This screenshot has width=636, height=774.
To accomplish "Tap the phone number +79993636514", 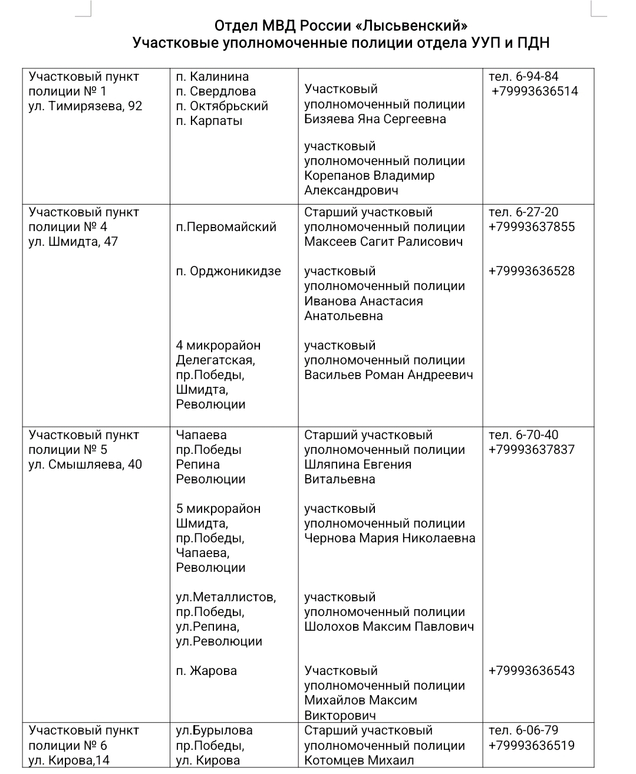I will [535, 91].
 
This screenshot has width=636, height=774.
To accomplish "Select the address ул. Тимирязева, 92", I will [85, 106].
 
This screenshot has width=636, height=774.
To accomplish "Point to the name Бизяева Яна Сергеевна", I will [375, 119].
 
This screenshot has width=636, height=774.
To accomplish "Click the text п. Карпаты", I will [209, 121].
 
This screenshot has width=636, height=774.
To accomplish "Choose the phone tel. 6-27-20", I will [523, 212].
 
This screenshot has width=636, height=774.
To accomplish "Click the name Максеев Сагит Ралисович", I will [383, 242].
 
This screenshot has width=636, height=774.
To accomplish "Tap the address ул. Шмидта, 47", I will [73, 242].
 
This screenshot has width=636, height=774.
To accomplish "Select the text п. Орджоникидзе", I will [228, 271].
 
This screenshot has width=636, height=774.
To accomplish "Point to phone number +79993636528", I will [531, 271].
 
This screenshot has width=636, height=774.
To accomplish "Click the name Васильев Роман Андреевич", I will [388, 375].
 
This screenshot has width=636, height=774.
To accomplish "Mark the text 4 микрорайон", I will [218, 345].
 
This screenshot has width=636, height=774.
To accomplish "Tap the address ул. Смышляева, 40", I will [85, 465].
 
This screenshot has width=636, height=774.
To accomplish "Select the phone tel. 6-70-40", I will [523, 435].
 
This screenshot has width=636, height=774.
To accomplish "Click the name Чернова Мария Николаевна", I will [390, 538].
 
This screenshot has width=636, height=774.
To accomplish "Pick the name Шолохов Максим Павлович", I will [389, 627].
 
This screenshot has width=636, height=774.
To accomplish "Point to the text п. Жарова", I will [206, 671].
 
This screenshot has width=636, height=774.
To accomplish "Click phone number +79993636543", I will [531, 671].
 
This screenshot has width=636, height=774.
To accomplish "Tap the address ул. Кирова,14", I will [69, 760].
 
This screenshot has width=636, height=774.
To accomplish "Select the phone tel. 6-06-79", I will [523, 730].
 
